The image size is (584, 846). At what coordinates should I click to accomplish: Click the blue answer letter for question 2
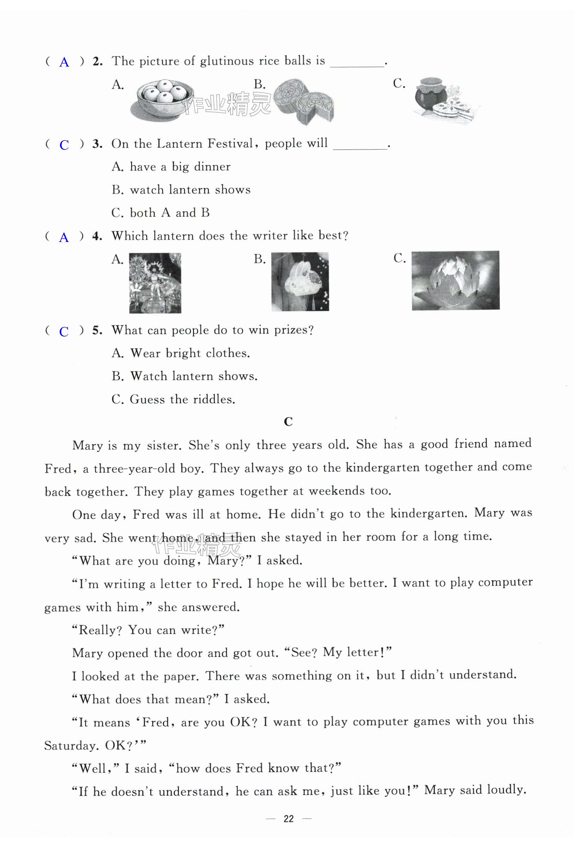coord(64,62)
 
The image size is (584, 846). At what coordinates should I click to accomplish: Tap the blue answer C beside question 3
coord(64,145)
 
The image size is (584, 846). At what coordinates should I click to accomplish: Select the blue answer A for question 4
coord(64,238)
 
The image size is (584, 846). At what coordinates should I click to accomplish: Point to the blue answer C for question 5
coord(64,332)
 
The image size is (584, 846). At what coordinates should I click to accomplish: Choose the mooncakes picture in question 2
coord(304,101)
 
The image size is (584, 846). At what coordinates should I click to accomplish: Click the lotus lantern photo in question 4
coord(456,280)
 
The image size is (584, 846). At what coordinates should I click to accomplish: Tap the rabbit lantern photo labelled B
coord(300,282)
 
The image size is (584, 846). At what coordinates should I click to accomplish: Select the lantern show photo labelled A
coord(155,283)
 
